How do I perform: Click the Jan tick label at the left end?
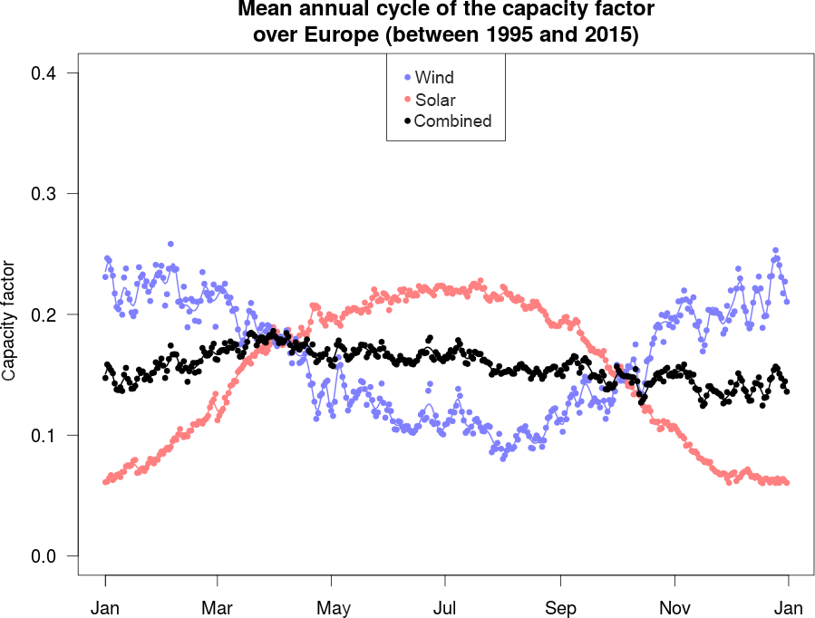point(105,607)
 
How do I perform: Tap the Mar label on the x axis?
point(218,607)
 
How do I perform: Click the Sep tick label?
point(560,607)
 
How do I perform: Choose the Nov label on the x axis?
point(674,607)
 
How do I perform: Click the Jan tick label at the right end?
point(788,607)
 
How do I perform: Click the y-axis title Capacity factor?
point(10,321)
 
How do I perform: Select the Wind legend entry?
point(434,78)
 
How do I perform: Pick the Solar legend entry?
point(435,100)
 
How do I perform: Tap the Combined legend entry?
point(452,121)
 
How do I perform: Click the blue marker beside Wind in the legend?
point(407,78)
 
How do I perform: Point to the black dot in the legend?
point(407,121)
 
